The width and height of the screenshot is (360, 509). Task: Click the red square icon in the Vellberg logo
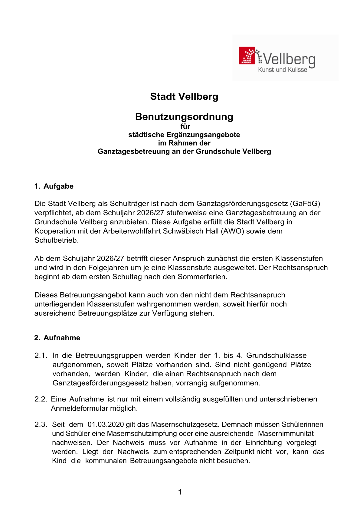(x=247, y=56)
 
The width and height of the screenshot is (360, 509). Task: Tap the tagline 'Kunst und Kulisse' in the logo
(x=282, y=70)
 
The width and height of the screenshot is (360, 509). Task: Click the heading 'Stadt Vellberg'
(x=184, y=96)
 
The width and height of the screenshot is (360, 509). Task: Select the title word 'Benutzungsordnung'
(x=184, y=117)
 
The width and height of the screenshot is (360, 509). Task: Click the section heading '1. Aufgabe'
(x=54, y=186)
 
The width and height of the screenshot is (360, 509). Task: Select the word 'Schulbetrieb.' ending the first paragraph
(x=56, y=240)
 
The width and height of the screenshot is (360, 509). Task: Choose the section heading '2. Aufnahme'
(x=57, y=338)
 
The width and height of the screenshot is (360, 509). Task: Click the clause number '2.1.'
(x=41, y=355)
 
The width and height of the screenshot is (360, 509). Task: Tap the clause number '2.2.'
(x=41, y=399)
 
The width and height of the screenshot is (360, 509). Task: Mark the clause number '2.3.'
(x=41, y=425)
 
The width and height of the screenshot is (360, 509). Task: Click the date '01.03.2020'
(x=106, y=425)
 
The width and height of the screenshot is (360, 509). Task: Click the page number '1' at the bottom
(x=180, y=492)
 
